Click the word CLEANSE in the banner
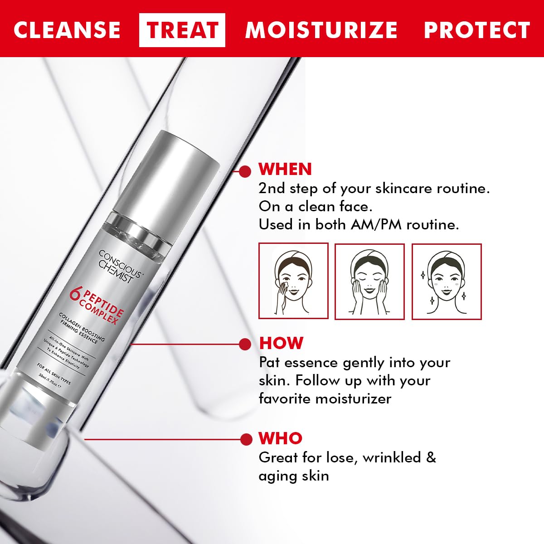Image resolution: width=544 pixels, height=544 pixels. tap(67, 30)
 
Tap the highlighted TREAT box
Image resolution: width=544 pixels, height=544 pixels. tap(182, 30)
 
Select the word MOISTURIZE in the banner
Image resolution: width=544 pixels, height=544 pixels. tap(321, 30)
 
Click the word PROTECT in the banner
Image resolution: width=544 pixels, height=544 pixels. tap(476, 30)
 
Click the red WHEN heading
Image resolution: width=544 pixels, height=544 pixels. tap(285, 169)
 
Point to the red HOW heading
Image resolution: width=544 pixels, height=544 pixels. tap(281, 343)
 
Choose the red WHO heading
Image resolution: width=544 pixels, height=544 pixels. tap(280, 438)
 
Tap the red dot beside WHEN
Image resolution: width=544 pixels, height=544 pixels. tap(245, 171)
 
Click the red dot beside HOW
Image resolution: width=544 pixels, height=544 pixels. tap(245, 344)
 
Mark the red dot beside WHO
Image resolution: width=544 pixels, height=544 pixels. tap(246, 439)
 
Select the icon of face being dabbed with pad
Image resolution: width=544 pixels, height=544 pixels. tap(293, 281)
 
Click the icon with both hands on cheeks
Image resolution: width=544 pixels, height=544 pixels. tap(369, 281)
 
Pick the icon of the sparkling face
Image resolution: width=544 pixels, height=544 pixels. tap(447, 281)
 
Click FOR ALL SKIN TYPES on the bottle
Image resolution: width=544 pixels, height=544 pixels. tap(54, 374)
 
